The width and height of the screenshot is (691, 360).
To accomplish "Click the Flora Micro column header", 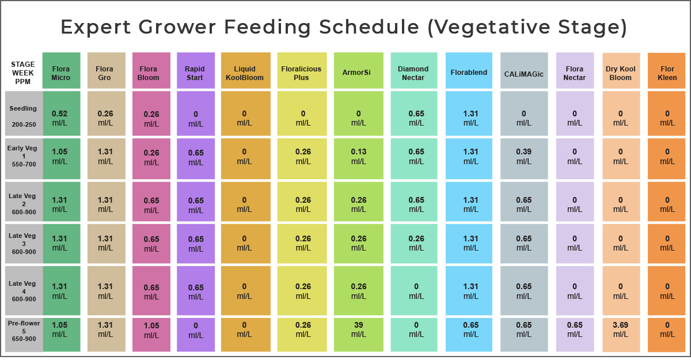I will [61, 73].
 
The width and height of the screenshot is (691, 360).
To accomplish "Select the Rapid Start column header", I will [195, 73].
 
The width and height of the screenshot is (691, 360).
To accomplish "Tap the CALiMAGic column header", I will [523, 73].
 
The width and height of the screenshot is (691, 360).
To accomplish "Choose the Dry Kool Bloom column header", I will [621, 73].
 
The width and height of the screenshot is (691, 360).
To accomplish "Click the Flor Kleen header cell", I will [667, 73].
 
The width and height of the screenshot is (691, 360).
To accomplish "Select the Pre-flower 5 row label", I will [23, 331].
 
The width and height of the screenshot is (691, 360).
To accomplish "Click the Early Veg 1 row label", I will [23, 156].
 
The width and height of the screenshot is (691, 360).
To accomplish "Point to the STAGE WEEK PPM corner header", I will [23, 73].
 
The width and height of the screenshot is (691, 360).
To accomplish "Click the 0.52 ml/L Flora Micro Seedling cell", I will [61, 118].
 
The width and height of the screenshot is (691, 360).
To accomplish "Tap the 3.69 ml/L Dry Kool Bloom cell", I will [621, 329].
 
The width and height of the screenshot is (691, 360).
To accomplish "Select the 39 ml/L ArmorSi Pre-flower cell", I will [359, 329].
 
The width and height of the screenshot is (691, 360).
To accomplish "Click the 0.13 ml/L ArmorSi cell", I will [359, 157].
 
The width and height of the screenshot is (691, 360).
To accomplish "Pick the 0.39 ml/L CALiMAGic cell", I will [523, 157].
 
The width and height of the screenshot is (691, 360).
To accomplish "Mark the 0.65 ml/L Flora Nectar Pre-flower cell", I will [575, 329].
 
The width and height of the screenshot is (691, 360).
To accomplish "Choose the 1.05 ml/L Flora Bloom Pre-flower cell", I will [151, 329].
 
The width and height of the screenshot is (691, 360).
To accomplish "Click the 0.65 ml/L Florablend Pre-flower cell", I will [470, 329].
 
